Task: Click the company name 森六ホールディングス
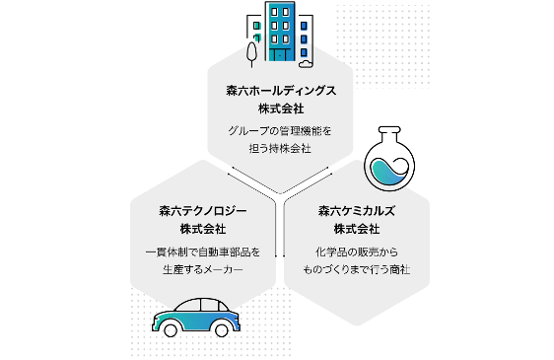[280, 90]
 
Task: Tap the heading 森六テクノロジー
[202, 211]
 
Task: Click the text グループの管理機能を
[280, 130]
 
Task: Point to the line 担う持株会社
[280, 148]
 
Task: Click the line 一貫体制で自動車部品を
[202, 252]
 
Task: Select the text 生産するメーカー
[202, 269]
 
